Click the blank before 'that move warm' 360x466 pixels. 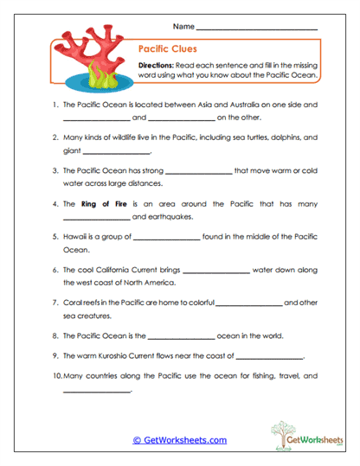tap(197, 171)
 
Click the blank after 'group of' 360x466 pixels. tap(166, 237)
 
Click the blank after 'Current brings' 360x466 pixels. tap(215, 270)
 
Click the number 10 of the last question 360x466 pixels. tap(56, 376)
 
